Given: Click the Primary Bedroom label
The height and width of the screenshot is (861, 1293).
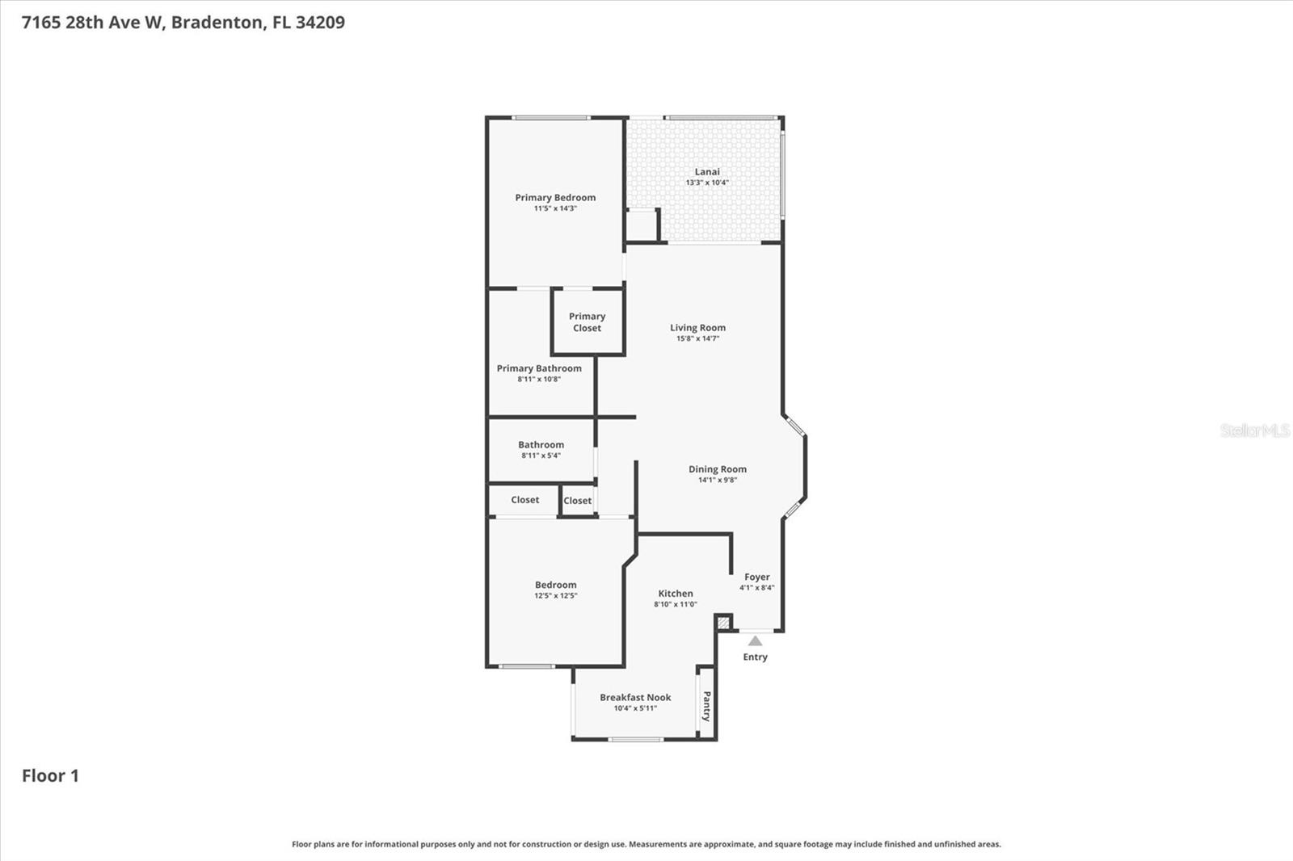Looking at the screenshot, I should pyautogui.click(x=555, y=197).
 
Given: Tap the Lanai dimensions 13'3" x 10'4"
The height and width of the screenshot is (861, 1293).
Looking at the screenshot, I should pyautogui.click(x=707, y=183).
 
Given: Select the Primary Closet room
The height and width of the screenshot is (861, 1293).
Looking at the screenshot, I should pyautogui.click(x=588, y=322).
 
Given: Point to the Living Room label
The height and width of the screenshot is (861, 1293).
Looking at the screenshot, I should pyautogui.click(x=697, y=327).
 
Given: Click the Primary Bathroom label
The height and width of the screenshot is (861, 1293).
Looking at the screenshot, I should pyautogui.click(x=539, y=368).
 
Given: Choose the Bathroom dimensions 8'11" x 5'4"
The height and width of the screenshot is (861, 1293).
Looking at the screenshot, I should pyautogui.click(x=541, y=456).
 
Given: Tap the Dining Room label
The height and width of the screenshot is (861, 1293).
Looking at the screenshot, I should pyautogui.click(x=718, y=468).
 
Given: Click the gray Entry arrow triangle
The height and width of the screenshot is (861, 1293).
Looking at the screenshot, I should pyautogui.click(x=755, y=641).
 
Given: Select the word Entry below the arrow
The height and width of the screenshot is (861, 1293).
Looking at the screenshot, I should pyautogui.click(x=755, y=657).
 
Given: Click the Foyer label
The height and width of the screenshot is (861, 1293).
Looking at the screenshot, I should pyautogui.click(x=757, y=577).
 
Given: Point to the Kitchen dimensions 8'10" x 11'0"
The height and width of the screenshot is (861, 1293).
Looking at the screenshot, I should pyautogui.click(x=676, y=604).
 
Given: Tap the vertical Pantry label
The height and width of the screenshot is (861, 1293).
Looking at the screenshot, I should pyautogui.click(x=706, y=706).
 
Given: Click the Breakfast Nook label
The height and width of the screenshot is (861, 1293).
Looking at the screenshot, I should pyautogui.click(x=635, y=697).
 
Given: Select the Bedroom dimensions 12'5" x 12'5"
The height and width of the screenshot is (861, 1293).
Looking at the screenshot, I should pyautogui.click(x=555, y=596).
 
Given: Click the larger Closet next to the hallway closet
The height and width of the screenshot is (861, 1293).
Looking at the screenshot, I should pyautogui.click(x=524, y=500).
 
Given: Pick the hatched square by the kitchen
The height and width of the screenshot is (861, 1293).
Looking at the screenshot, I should pyautogui.click(x=723, y=622).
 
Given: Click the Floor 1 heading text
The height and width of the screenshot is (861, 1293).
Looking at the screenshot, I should pyautogui.click(x=50, y=775).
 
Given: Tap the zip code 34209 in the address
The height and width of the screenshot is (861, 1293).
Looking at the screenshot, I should pyautogui.click(x=320, y=22).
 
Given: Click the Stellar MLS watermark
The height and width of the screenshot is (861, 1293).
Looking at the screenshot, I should pyautogui.click(x=1254, y=430).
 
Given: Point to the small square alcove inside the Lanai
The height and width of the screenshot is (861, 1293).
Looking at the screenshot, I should pyautogui.click(x=642, y=225).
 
